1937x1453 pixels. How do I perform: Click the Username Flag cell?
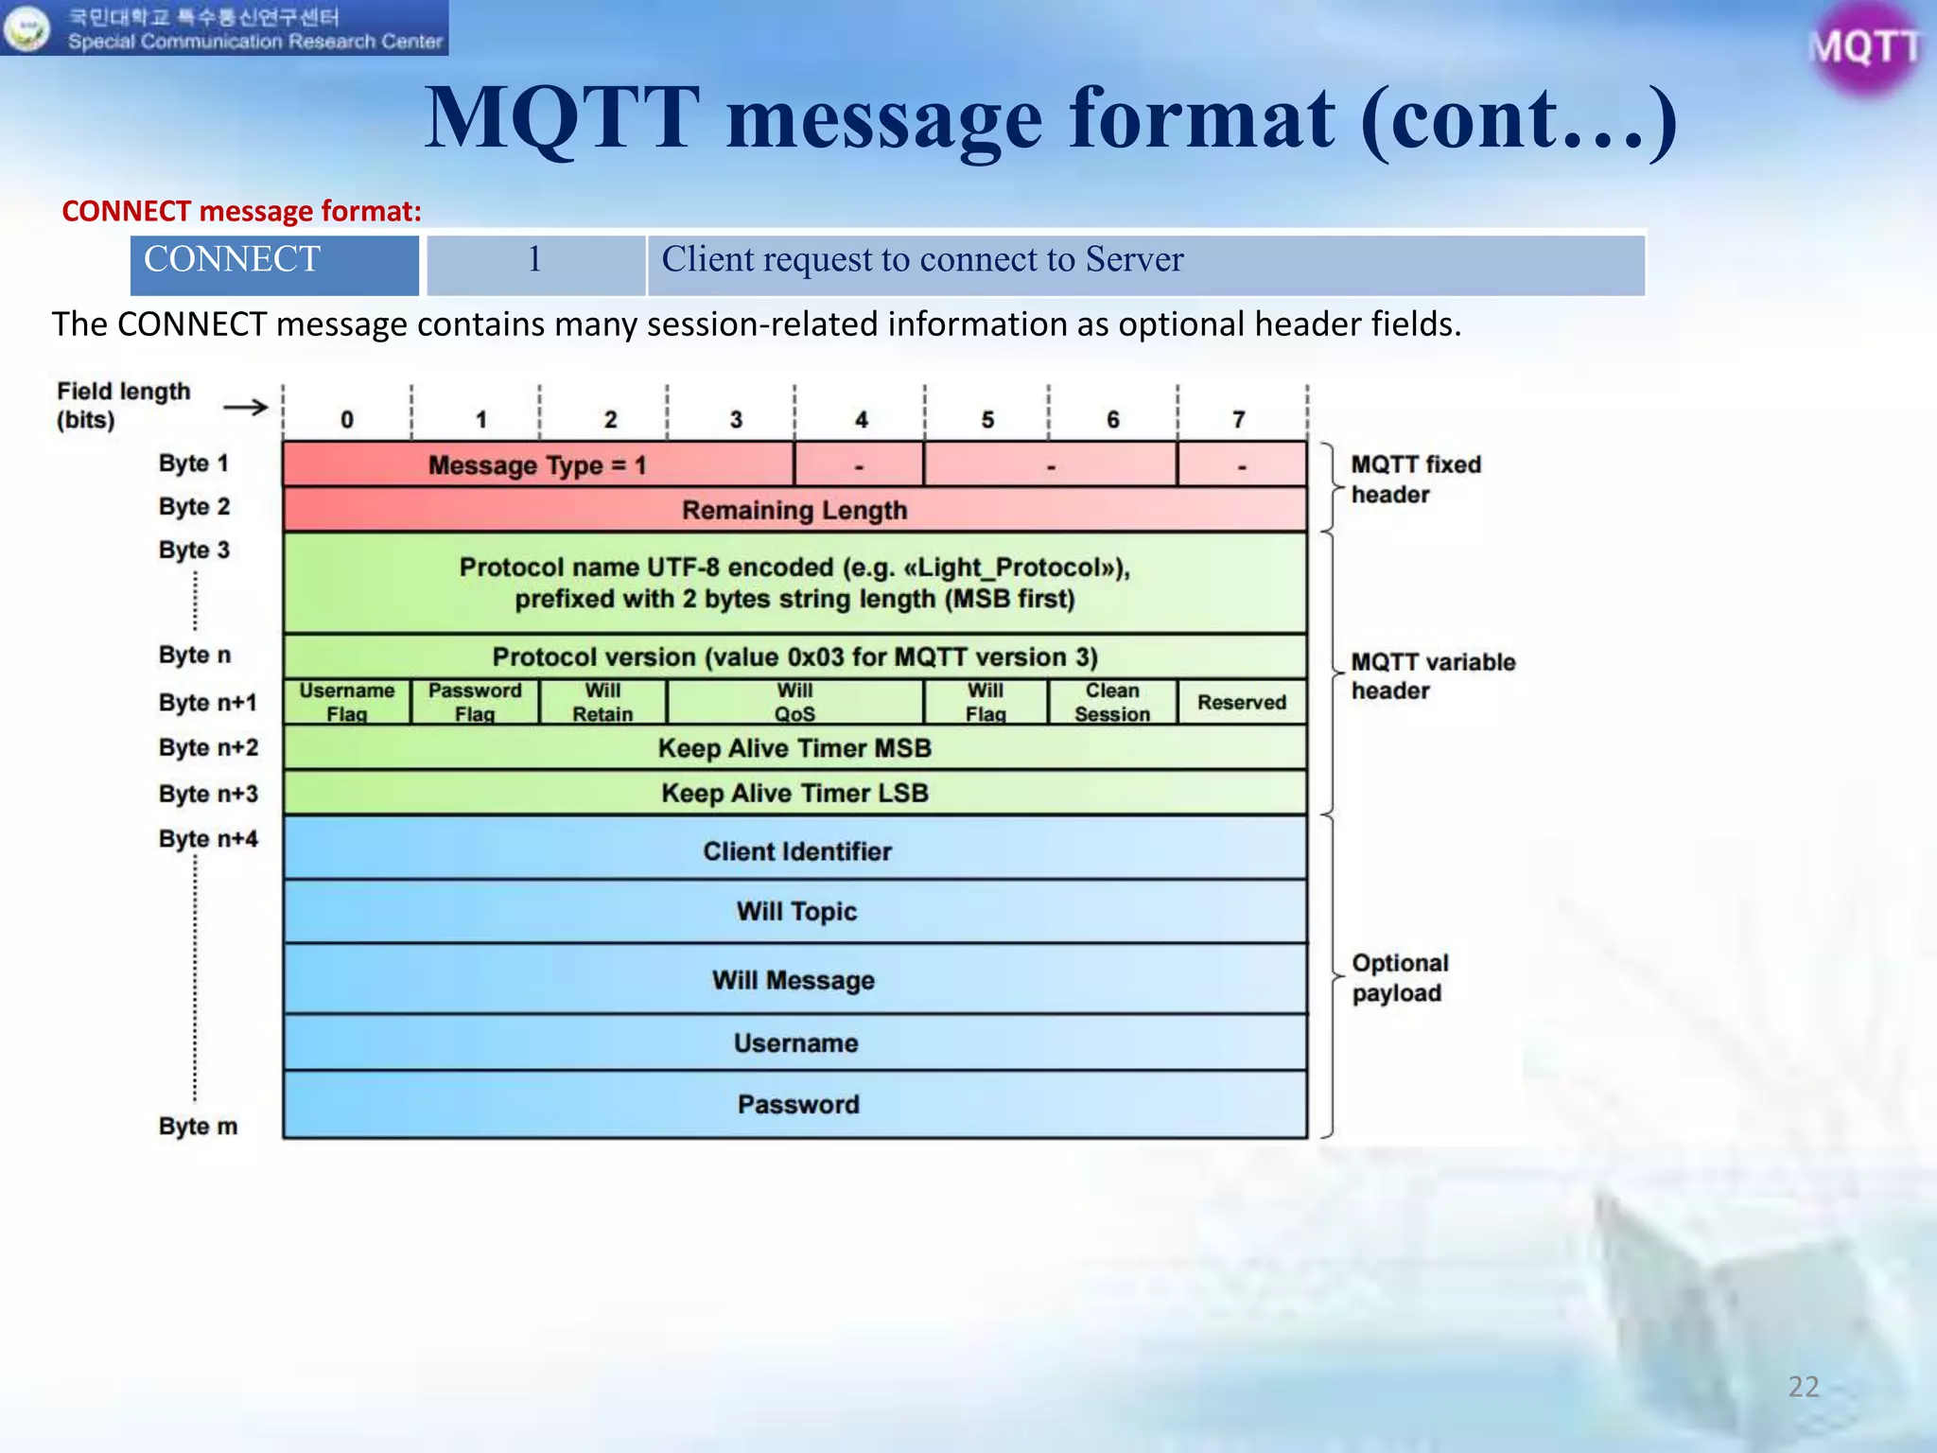tap(347, 702)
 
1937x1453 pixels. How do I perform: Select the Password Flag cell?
tap(475, 702)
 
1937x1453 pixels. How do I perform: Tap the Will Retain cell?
tap(602, 702)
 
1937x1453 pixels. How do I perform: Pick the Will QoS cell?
tap(794, 702)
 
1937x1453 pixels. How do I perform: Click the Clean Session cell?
tap(1112, 702)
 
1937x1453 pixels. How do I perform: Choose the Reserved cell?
tap(1242, 702)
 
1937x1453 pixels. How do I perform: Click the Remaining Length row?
tap(794, 510)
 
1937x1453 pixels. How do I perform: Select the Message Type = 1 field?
tap(537, 464)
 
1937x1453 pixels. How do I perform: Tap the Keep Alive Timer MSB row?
tap(794, 747)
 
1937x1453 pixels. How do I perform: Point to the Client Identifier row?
tap(796, 850)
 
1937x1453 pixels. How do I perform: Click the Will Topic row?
tap(796, 911)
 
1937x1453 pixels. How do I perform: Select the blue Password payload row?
tap(797, 1104)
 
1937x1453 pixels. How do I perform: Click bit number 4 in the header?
tap(861, 419)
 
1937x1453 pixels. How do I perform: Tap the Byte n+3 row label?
tap(208, 794)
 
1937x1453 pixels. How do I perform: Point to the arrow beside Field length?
tap(246, 408)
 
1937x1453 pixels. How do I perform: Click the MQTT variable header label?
tap(1432, 675)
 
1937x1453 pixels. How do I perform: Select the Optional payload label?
tap(1400, 977)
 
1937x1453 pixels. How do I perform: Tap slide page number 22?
tap(1803, 1386)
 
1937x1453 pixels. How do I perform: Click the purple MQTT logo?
tap(1864, 47)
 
